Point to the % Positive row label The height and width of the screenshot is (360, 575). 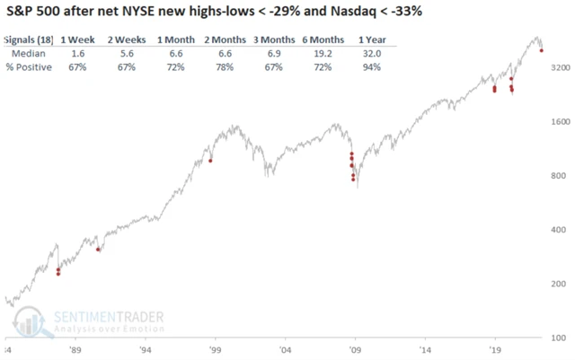[27, 67]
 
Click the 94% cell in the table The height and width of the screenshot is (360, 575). [368, 67]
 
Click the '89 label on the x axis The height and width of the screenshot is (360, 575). [75, 349]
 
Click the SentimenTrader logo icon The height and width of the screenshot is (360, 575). [30, 321]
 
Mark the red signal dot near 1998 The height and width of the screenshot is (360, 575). [210, 160]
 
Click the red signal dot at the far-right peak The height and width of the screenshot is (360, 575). [541, 50]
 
